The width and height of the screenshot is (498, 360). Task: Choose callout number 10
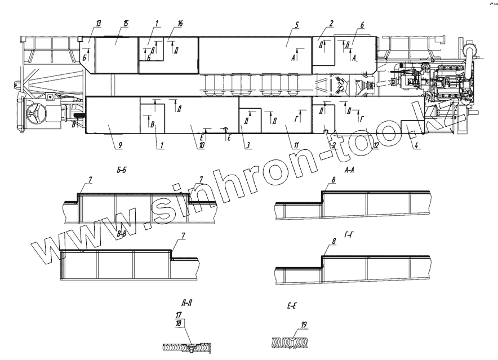[x=200, y=145]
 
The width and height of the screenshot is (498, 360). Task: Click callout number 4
[x=417, y=145]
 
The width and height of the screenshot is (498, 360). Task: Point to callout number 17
[x=179, y=314]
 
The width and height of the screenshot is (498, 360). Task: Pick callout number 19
[x=304, y=325]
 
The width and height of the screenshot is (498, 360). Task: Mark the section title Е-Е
[x=292, y=307]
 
